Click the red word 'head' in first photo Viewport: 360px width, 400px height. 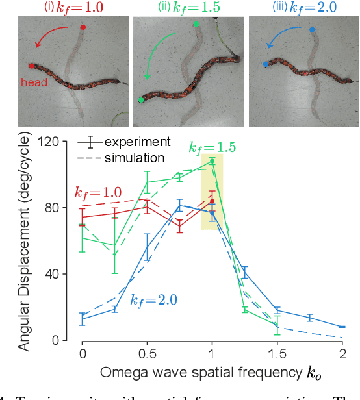click(34, 82)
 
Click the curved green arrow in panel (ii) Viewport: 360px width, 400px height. click(156, 58)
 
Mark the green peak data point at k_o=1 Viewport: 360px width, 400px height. click(212, 160)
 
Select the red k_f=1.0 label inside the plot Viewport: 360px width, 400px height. click(99, 194)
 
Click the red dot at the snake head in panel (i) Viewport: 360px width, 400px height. click(31, 66)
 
